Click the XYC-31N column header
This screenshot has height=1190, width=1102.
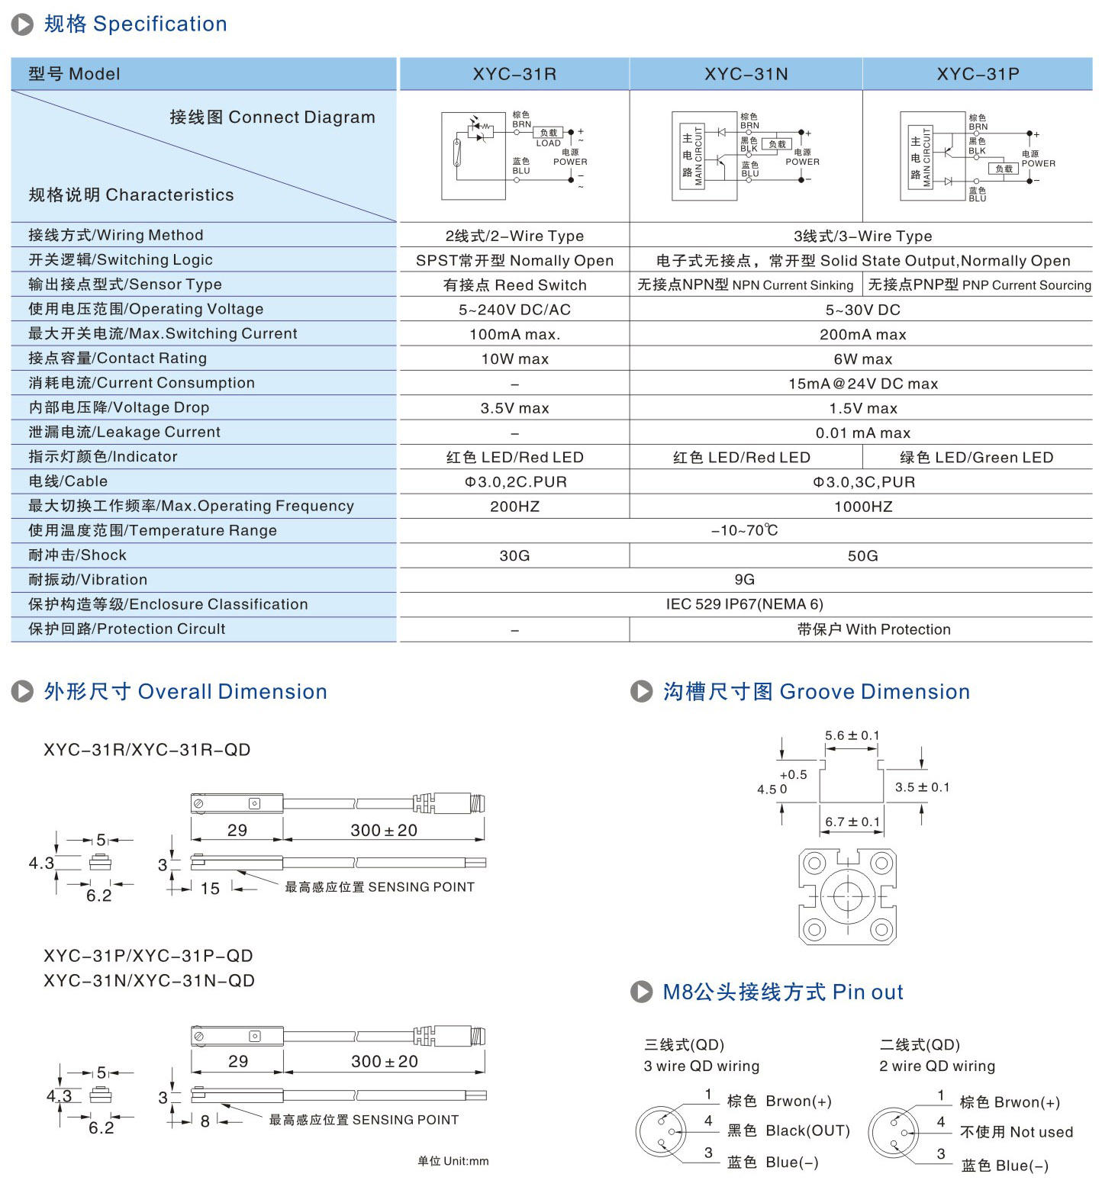(x=746, y=74)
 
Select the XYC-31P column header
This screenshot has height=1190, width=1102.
(x=978, y=74)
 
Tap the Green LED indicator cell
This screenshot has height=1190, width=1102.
(x=976, y=457)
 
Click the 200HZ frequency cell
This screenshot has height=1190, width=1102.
(x=514, y=507)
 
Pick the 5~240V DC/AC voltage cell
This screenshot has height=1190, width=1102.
(x=514, y=310)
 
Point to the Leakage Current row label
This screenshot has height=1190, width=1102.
(x=124, y=432)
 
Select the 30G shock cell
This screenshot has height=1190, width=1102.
(x=514, y=555)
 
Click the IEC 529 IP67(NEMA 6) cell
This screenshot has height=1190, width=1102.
(x=744, y=604)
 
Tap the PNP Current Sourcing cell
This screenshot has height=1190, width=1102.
(x=979, y=285)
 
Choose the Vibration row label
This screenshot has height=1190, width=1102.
(x=88, y=580)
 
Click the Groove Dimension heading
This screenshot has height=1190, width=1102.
(x=816, y=691)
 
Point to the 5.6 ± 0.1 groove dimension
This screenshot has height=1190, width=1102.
(x=852, y=735)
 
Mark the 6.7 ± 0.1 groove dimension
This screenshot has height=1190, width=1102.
(x=852, y=822)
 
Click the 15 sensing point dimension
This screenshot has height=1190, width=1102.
(x=210, y=888)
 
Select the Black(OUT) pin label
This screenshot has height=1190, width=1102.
(x=788, y=1130)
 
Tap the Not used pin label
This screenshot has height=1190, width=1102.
(x=1016, y=1132)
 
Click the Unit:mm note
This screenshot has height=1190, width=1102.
(x=453, y=1161)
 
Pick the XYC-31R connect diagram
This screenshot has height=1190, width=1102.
(x=514, y=156)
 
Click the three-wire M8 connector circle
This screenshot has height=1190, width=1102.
(x=661, y=1132)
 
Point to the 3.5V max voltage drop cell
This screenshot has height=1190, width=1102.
(x=514, y=408)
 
